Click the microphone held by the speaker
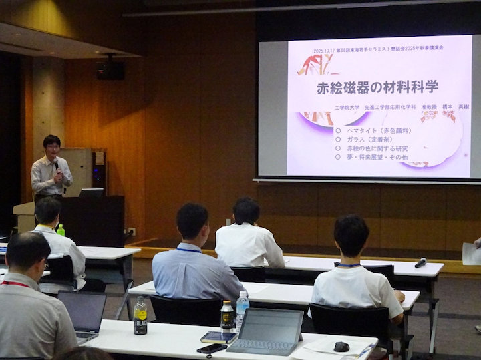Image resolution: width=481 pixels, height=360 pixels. (x=56, y=164)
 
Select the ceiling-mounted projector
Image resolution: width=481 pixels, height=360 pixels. (x=110, y=67)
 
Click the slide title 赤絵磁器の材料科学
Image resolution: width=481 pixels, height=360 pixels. (x=377, y=87)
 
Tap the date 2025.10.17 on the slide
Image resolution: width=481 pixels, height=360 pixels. (x=327, y=50)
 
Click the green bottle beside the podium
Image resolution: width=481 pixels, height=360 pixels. (x=61, y=230)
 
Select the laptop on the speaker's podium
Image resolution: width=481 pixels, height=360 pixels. (x=91, y=192)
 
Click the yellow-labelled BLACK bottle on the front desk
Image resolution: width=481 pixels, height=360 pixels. (x=140, y=316)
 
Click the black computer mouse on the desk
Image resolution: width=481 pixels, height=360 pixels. (x=341, y=346)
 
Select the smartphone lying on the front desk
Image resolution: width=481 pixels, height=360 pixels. (x=212, y=348)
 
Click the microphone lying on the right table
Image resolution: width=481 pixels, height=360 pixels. (x=420, y=262)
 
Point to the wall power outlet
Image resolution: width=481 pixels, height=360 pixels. (x=132, y=232)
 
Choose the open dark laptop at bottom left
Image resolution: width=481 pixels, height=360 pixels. (x=82, y=315)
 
